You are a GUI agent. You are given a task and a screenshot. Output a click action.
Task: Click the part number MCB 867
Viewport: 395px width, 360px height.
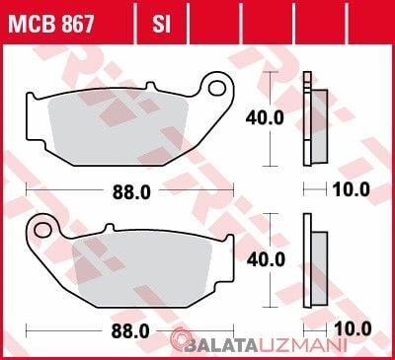tap(51, 24)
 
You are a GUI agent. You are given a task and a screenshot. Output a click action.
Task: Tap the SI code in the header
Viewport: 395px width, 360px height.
tap(161, 24)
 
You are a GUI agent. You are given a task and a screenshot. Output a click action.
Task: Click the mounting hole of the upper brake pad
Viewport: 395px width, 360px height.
tap(216, 88)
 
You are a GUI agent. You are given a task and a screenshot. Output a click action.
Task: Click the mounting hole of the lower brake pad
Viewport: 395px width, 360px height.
tap(42, 230)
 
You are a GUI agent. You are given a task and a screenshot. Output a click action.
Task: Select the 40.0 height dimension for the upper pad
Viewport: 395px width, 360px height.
tap(265, 117)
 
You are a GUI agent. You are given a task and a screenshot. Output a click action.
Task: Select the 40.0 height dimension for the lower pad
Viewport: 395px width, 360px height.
tap(266, 259)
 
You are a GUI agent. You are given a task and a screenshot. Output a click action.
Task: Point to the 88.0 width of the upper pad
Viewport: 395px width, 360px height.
tap(131, 191)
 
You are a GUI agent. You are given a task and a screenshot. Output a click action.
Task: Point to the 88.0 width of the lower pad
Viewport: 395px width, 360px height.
tap(130, 331)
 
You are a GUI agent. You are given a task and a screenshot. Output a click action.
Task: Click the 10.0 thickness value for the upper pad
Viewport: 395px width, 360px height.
tap(352, 189)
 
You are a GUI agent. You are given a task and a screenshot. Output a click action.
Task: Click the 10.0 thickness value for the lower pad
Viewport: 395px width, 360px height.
tap(353, 329)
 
